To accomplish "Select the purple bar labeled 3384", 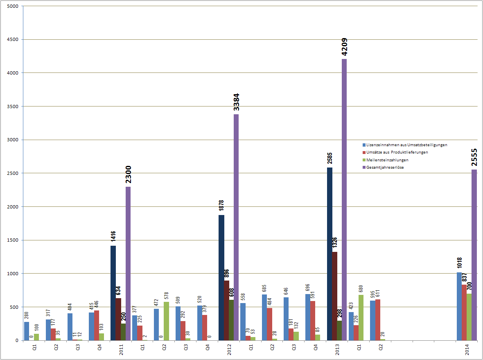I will click(x=236, y=227).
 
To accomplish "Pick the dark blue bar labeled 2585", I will click(x=330, y=254).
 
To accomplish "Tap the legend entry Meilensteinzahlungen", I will click(x=387, y=160).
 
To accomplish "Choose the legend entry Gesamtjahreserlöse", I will click(x=385, y=167).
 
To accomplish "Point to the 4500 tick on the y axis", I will click(x=12, y=40).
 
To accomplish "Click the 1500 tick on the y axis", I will click(x=12, y=240).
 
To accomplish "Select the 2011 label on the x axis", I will click(x=122, y=351).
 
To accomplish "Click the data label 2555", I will click(x=474, y=157).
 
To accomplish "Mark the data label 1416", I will click(x=113, y=236).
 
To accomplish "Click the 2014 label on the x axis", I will click(x=467, y=351).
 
